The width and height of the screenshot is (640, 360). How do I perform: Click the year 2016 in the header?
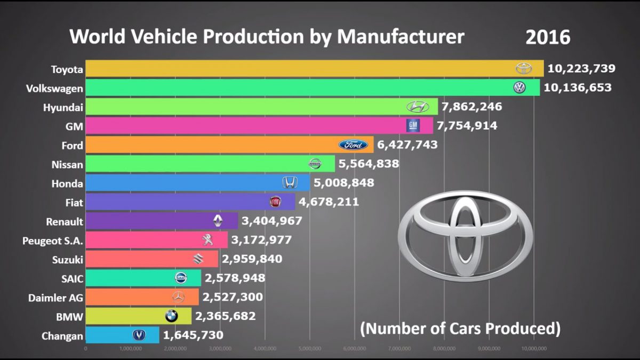[x=548, y=37]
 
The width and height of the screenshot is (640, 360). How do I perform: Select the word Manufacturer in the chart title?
[x=401, y=36]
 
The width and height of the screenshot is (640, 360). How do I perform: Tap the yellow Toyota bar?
[x=299, y=68]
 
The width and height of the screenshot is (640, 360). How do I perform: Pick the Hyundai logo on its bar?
[x=418, y=107]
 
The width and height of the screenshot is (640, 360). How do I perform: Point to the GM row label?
[x=74, y=126]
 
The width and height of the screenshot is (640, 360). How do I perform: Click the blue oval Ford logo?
[x=353, y=145]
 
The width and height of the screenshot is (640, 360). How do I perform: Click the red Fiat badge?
[x=275, y=202]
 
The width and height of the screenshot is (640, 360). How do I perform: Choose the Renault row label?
[x=65, y=221]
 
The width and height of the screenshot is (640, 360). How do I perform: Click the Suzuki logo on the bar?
[x=198, y=259]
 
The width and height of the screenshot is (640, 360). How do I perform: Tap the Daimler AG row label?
[x=56, y=298]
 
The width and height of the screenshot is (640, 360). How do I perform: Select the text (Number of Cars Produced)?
[x=460, y=328]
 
